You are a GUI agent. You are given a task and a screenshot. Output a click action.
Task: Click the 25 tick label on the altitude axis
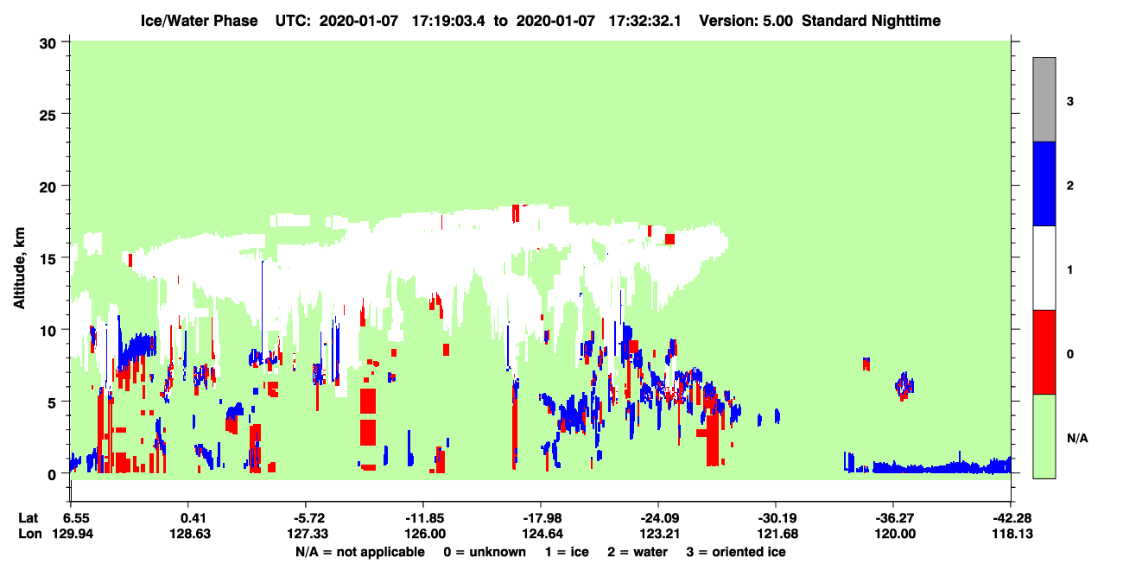click(48, 116)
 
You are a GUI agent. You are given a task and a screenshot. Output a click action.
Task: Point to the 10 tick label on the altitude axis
click(48, 331)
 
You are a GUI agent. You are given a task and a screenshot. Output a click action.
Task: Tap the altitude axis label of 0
click(52, 474)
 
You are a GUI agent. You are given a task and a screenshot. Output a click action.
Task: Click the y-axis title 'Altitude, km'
click(19, 269)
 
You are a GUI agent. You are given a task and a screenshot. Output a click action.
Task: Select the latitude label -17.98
click(542, 517)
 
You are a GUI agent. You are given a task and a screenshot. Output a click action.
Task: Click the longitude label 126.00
click(425, 534)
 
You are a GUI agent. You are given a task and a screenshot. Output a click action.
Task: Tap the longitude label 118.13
click(1012, 534)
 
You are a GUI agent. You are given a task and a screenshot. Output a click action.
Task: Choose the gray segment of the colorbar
click(1044, 99)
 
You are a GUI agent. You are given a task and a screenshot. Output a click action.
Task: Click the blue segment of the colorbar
click(1044, 183)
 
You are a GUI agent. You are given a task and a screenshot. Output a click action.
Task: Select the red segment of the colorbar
click(1044, 352)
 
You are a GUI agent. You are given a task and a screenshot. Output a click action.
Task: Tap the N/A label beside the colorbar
click(1077, 438)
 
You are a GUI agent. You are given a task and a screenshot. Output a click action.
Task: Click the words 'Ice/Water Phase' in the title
click(199, 21)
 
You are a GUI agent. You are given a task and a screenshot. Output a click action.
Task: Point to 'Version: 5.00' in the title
click(746, 21)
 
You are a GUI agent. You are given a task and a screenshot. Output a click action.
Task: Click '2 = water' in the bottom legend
click(638, 552)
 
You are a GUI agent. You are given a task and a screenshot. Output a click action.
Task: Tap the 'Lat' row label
click(28, 517)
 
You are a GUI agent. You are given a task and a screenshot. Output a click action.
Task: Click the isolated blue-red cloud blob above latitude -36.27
click(904, 386)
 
